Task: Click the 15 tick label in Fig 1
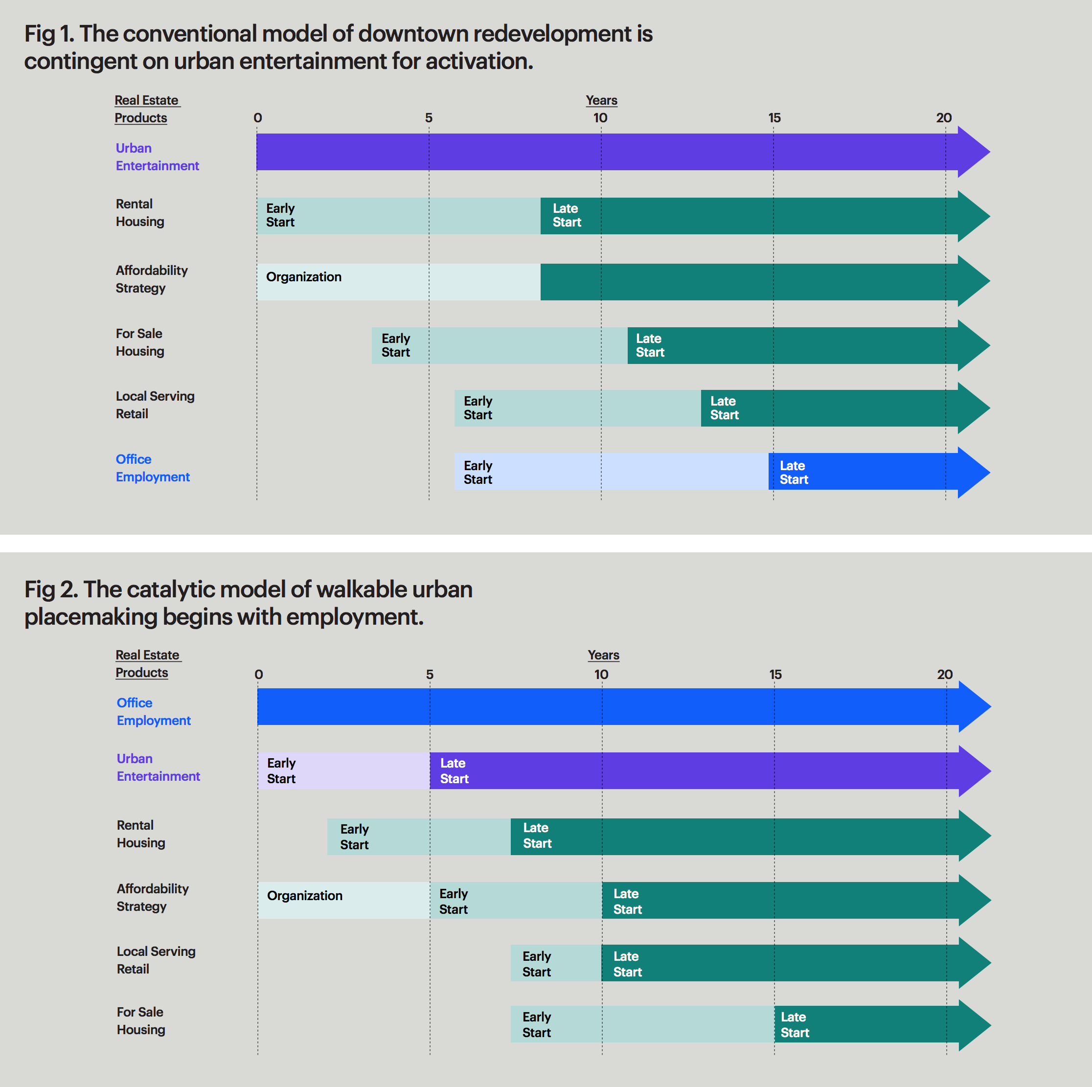(774, 117)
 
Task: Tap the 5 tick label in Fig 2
(430, 674)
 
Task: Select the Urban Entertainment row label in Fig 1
(157, 157)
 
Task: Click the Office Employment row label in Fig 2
(153, 711)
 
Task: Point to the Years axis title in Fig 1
(601, 100)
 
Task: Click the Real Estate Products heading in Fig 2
(148, 664)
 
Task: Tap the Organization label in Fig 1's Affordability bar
(303, 277)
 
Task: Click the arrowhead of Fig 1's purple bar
(973, 152)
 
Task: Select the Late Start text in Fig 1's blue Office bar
(794, 473)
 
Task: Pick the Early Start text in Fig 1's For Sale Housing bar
(396, 345)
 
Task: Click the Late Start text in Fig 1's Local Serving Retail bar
(724, 408)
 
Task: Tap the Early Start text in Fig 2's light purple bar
(281, 770)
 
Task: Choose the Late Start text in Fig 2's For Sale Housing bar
(795, 1024)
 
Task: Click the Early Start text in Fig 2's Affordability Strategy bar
(454, 901)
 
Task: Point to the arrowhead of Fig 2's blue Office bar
(974, 706)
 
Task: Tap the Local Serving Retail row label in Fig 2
(156, 960)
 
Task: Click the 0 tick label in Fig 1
(258, 117)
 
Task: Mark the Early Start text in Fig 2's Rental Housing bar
(354, 837)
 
